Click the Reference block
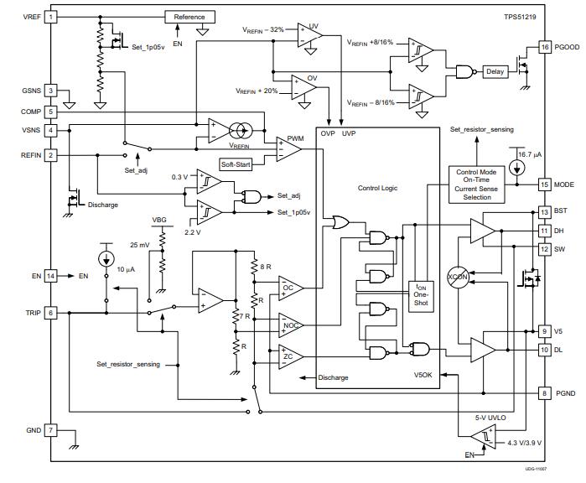189,17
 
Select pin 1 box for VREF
51,17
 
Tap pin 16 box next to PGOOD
545,47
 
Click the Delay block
495,72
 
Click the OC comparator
289,288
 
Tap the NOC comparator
289,324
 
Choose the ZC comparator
289,357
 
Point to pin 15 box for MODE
545,184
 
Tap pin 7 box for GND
51,430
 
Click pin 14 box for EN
51,275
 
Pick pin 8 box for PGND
545,392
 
